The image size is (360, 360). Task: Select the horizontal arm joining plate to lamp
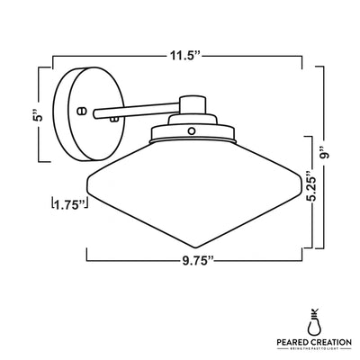pyautogui.click(x=135, y=112)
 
